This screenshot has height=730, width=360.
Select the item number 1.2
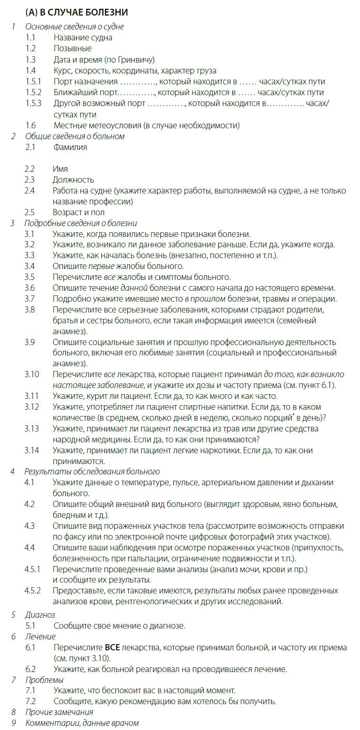(x=31, y=48)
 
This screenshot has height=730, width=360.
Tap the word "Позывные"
(x=72, y=48)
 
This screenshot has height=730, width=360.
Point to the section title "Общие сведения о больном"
(x=74, y=137)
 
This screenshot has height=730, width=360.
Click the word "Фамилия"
(x=70, y=147)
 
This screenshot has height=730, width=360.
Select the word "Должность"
(x=73, y=180)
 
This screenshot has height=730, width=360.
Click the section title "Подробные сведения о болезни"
(x=81, y=224)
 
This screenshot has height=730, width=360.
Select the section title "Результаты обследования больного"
(x=92, y=471)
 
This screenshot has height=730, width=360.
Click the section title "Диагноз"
(x=40, y=615)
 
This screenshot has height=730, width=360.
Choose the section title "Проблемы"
(x=44, y=679)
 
